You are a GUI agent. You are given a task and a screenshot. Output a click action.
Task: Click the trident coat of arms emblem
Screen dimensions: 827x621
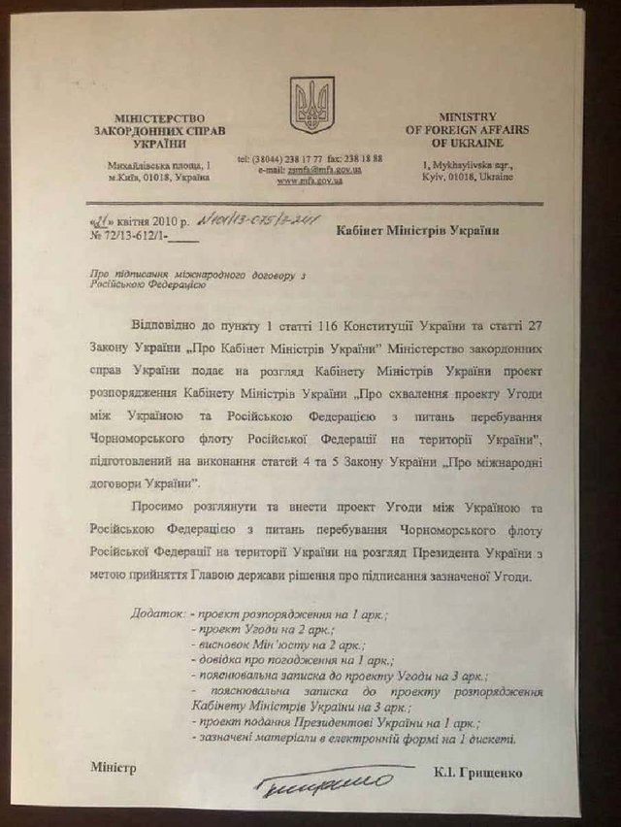point(311,105)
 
